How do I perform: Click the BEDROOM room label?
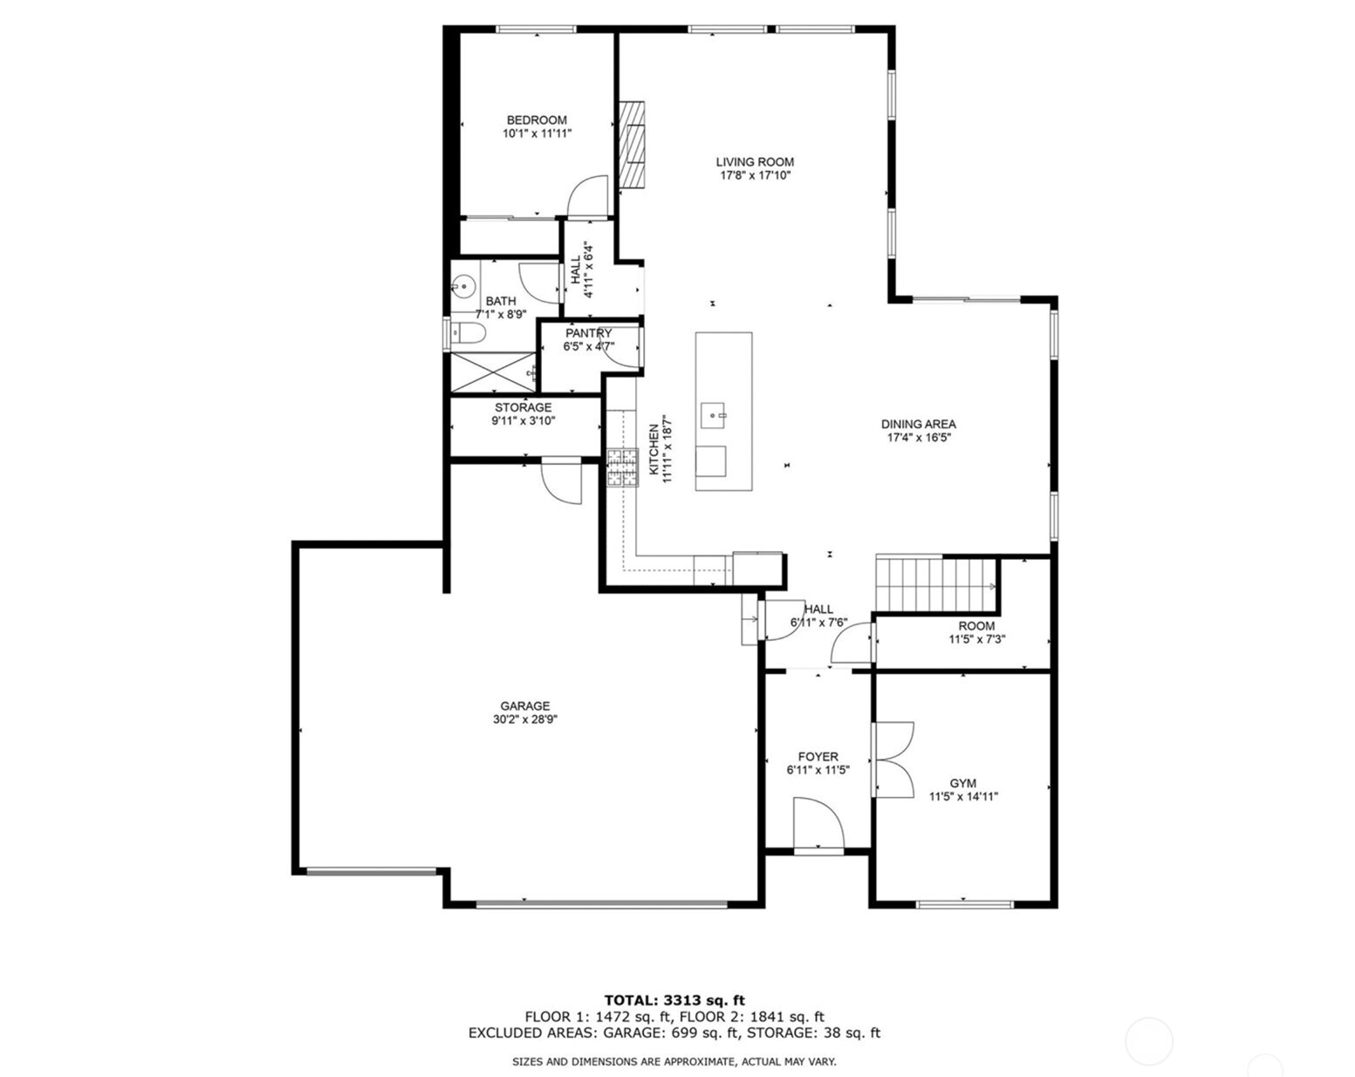537,120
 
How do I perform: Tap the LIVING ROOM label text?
755,162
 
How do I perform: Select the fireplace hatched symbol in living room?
632,145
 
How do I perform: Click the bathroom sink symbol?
463,284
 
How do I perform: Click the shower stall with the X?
491,372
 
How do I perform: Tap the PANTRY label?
588,333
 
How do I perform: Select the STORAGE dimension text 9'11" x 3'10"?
523,420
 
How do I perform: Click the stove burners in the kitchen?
623,467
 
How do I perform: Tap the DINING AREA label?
918,425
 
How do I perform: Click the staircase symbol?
936,583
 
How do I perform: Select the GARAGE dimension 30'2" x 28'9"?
524,720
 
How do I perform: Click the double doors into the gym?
892,760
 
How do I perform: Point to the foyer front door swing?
818,825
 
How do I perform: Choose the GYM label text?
962,783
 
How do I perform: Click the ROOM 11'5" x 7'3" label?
976,632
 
